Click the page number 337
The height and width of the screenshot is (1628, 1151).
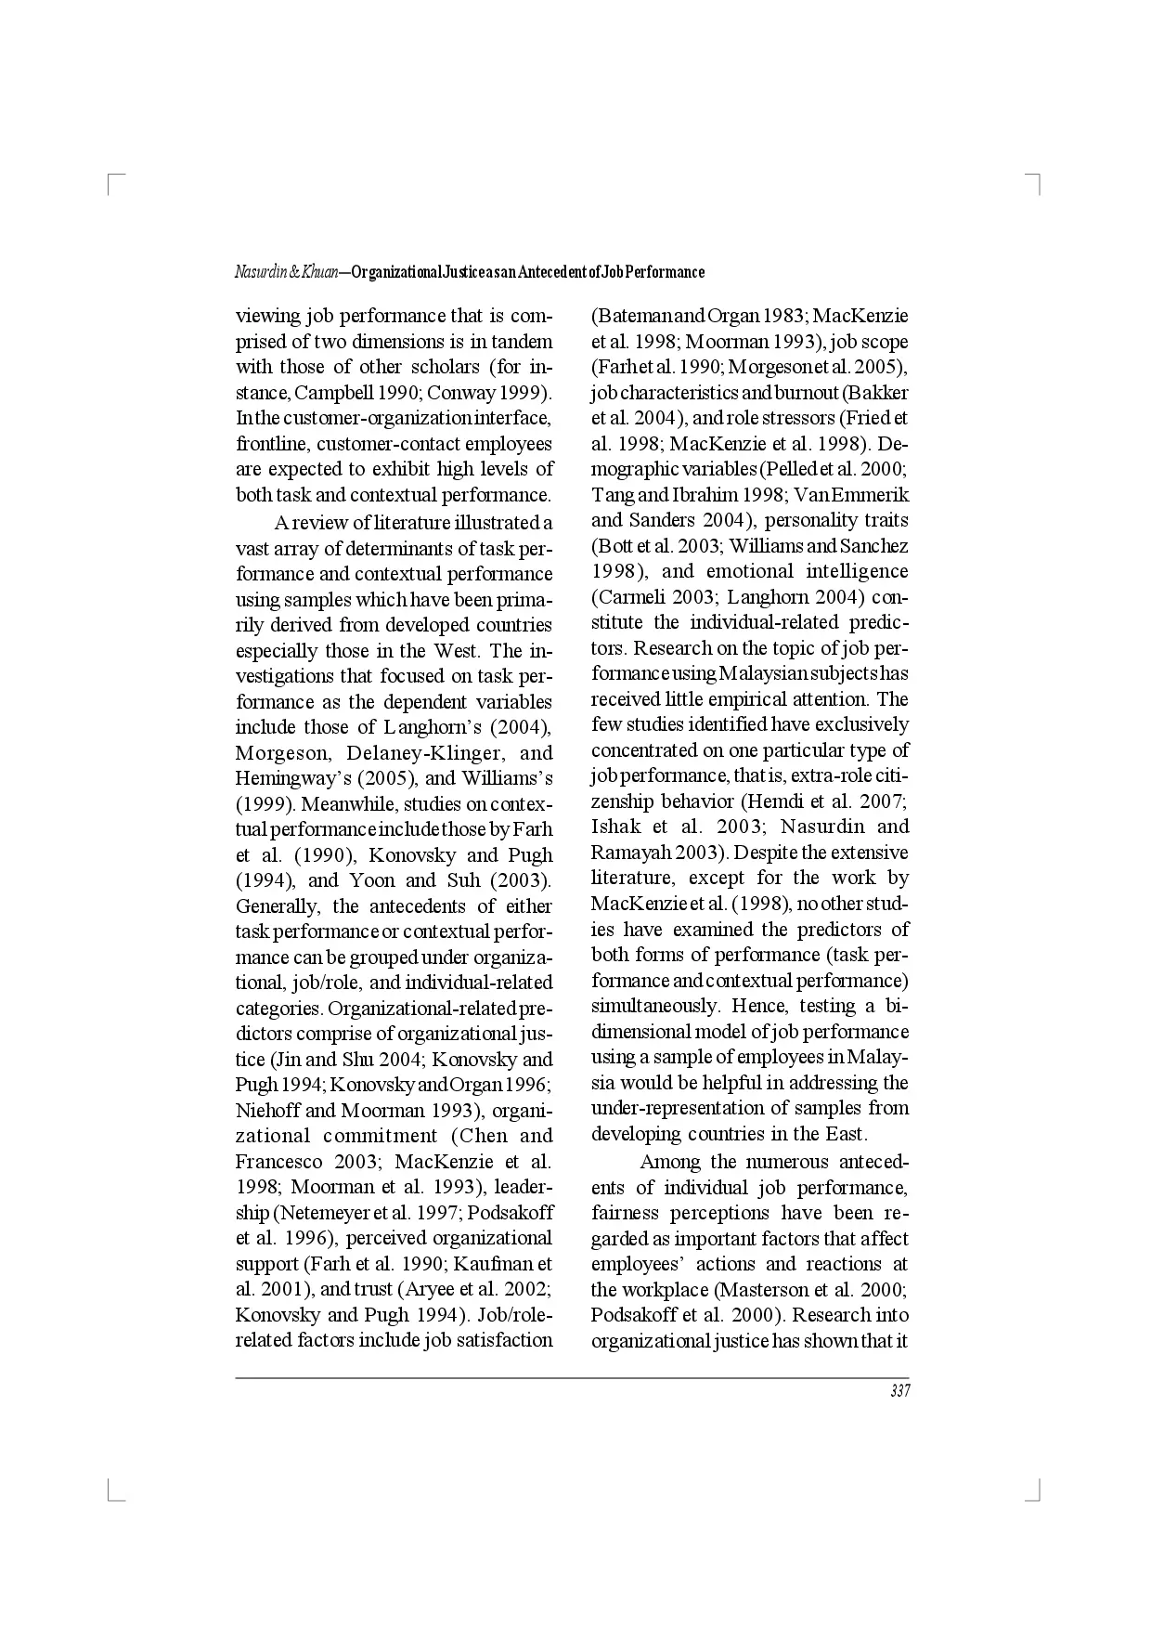pos(899,1390)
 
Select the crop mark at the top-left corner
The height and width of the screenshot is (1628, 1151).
pos(112,181)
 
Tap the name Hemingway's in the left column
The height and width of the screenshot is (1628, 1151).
pos(281,778)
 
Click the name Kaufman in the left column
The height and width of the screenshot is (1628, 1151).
pos(497,1263)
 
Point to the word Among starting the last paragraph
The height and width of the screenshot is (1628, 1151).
pos(670,1161)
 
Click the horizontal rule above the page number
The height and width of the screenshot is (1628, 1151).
pos(572,1377)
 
